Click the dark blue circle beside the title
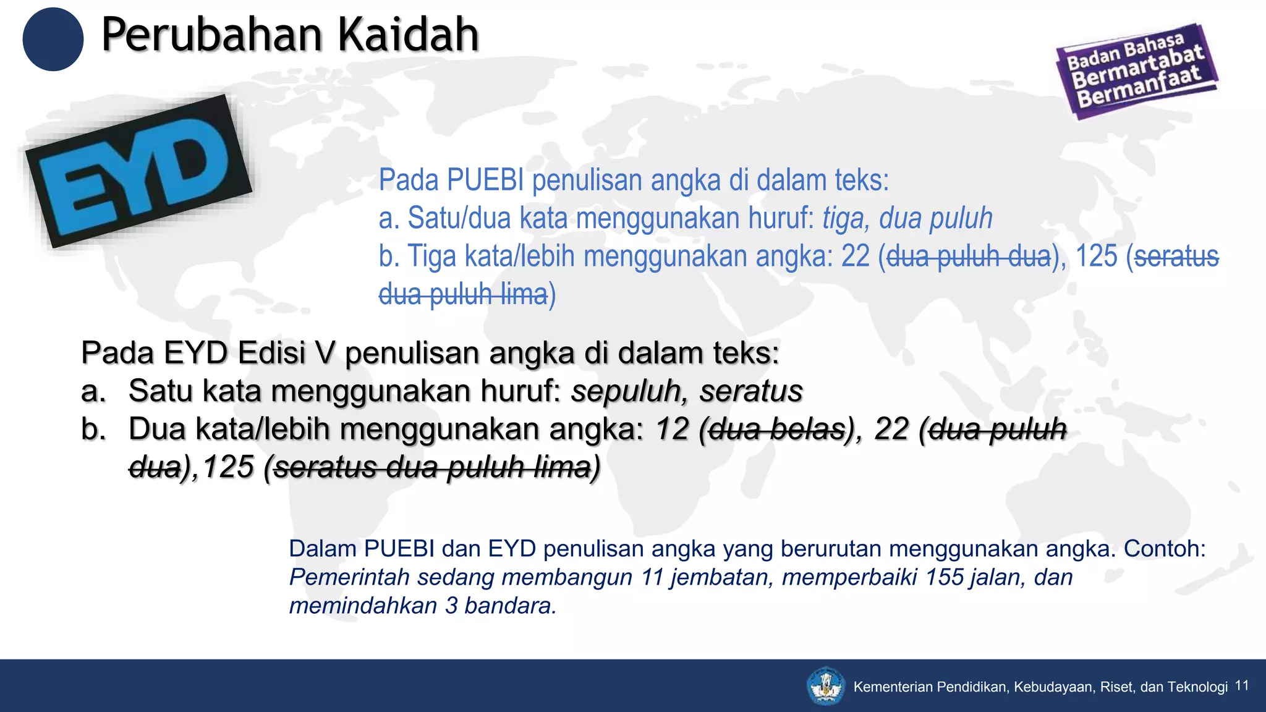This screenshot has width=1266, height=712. click(x=53, y=39)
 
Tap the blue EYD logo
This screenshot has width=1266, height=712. click(x=138, y=171)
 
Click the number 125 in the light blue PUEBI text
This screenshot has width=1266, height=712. click(x=1096, y=256)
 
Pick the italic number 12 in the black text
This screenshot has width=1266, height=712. click(x=672, y=429)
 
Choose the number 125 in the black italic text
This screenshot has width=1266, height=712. click(x=228, y=467)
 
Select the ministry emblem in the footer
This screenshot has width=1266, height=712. click(x=826, y=685)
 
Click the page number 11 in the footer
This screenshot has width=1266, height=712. click(x=1242, y=685)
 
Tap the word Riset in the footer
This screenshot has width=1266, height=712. click(x=1117, y=687)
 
